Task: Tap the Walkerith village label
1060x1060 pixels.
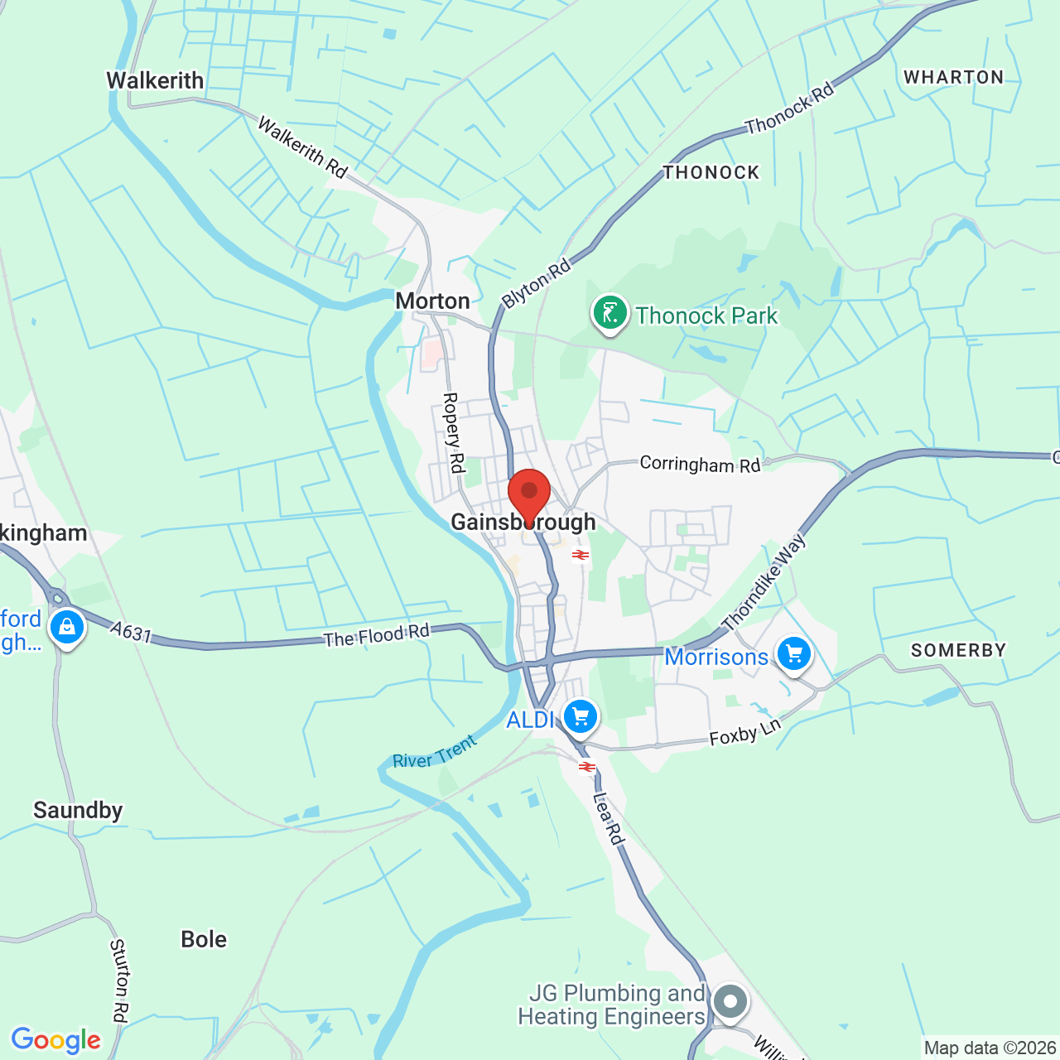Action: pos(155,80)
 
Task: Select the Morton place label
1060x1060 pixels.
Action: pos(432,301)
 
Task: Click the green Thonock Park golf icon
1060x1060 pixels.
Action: pos(610,314)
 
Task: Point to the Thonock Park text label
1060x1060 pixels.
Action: pos(706,316)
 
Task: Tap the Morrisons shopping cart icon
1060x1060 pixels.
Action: pos(794,655)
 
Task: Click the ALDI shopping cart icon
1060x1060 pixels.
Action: pos(581,716)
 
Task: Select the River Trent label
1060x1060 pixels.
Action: pos(435,752)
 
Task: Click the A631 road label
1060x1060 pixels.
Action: pos(132,634)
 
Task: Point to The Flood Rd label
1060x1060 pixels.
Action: pos(377,636)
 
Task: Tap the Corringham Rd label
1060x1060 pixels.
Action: pos(700,465)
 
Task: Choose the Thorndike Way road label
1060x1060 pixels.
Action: pos(764,582)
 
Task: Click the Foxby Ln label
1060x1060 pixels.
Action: pos(745,732)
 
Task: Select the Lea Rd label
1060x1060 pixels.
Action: pos(608,819)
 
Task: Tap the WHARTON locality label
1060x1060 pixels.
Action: pos(953,77)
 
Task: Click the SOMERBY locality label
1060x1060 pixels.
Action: pos(958,650)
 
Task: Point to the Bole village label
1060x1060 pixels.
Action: pos(204,939)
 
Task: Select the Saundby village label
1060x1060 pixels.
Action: pos(78,810)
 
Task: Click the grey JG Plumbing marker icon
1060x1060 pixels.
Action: pos(730,1002)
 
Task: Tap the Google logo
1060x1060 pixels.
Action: pos(55,1040)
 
